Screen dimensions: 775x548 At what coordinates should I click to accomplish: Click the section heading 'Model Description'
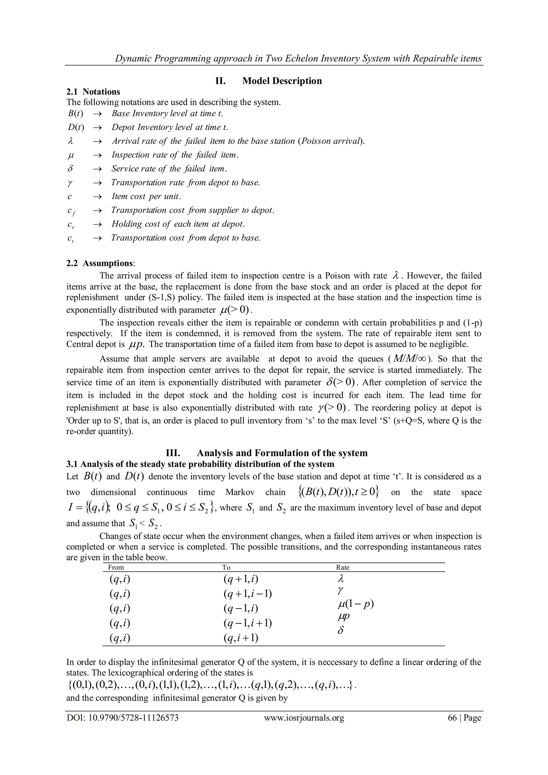(x=282, y=81)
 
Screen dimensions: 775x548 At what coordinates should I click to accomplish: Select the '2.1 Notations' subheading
(x=93, y=92)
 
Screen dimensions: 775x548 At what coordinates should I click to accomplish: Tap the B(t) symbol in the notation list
(x=75, y=113)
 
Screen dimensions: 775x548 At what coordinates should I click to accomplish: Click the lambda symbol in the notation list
(x=70, y=141)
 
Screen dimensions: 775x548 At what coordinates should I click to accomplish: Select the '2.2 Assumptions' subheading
(x=100, y=263)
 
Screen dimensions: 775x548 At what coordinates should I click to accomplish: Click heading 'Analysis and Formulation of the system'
(x=282, y=453)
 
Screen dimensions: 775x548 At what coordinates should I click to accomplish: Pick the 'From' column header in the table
(x=116, y=567)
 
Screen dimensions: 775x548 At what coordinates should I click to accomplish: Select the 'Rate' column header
(x=342, y=567)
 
